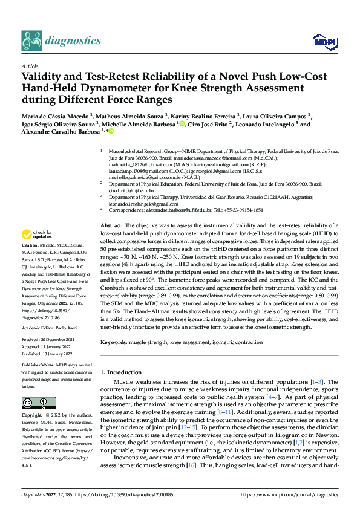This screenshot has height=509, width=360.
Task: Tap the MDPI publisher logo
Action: [x=323, y=41]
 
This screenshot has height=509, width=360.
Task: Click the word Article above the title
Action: [x=30, y=66]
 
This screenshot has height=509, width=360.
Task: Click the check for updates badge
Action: [x=38, y=235]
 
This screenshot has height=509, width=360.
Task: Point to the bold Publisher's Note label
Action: [x=39, y=366]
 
